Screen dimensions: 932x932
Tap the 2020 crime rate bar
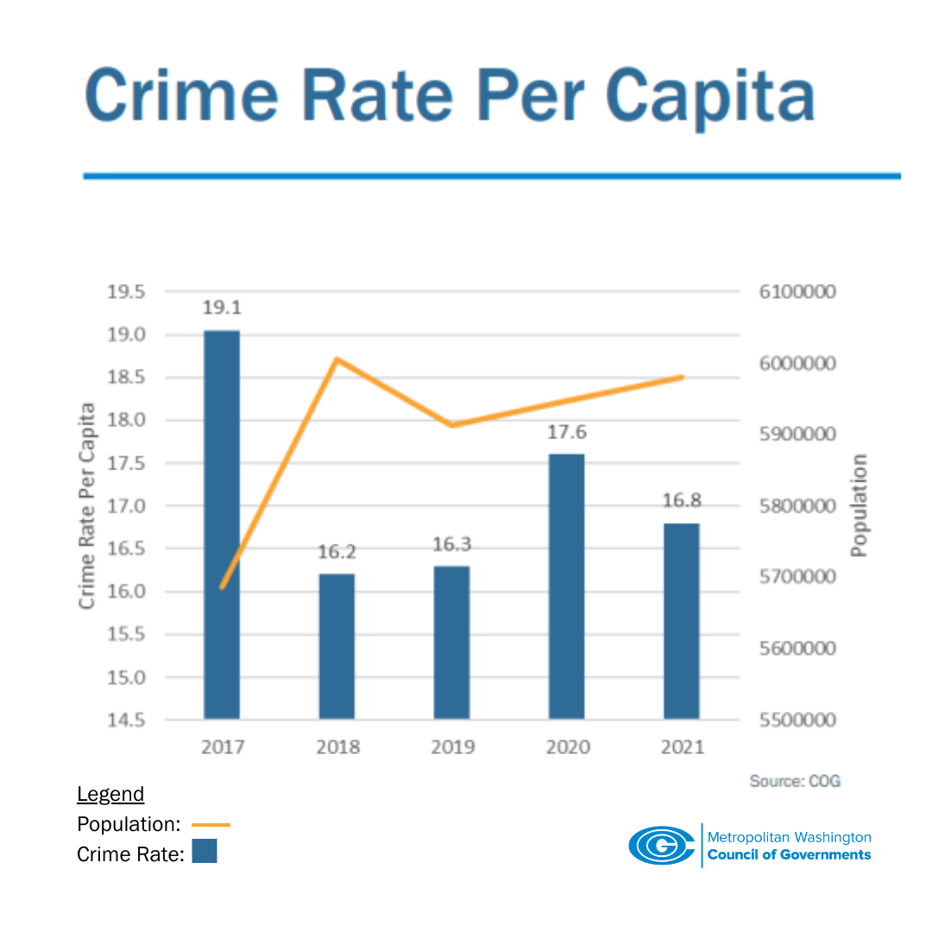[566, 586]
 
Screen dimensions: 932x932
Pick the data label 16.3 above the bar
[451, 545]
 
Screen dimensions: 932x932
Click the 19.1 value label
[222, 309]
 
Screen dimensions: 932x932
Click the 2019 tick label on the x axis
[452, 746]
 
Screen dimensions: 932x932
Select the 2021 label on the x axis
[682, 746]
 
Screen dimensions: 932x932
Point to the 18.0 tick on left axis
[126, 420]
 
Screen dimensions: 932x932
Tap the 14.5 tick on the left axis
[126, 720]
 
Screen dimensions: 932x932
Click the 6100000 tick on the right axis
[797, 292]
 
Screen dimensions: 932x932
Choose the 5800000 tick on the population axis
[797, 506]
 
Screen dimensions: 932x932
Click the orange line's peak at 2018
[337, 358]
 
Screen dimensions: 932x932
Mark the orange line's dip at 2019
[451, 425]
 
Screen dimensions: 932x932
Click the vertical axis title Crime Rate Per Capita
[87, 506]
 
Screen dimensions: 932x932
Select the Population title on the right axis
[859, 506]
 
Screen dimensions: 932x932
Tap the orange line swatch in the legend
[211, 825]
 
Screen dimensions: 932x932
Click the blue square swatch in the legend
[205, 851]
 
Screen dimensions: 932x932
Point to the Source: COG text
[794, 781]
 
